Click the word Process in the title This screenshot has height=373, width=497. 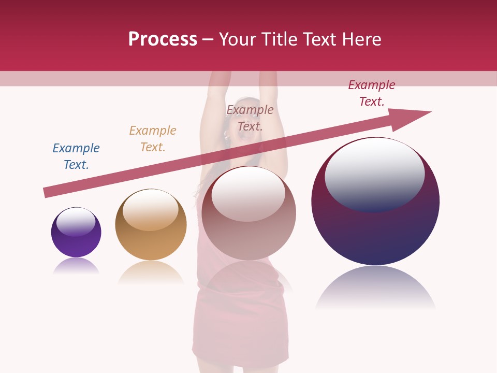tap(163, 39)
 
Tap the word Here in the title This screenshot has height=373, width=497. tap(360, 39)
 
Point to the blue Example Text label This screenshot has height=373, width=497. tap(76, 156)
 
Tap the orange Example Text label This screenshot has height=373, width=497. tap(153, 139)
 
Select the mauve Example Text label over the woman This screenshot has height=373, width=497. tap(250, 118)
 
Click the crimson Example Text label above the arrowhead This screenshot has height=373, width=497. tap(372, 93)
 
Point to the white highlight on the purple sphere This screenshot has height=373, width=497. tap(76, 222)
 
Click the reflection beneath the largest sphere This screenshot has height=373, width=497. tap(375, 288)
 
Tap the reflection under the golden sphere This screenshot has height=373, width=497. tap(151, 271)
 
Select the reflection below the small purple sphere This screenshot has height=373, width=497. tap(76, 266)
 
